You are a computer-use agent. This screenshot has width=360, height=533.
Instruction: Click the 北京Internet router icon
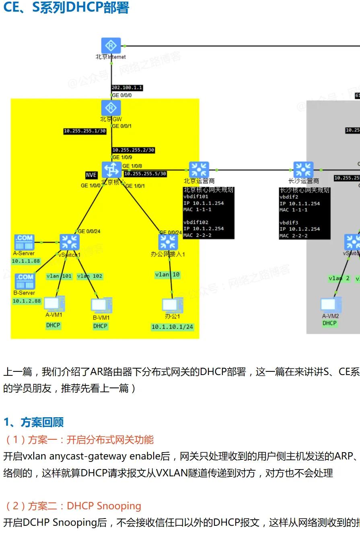click(x=111, y=46)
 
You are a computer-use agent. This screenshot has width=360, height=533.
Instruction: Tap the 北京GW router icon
click(x=111, y=108)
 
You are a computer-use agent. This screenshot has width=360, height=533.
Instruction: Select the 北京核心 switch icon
click(x=111, y=170)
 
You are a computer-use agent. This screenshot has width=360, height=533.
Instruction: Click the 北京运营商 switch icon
click(x=199, y=170)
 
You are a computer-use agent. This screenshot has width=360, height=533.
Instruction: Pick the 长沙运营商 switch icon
click(x=303, y=170)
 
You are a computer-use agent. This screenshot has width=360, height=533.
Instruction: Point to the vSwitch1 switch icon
click(x=70, y=242)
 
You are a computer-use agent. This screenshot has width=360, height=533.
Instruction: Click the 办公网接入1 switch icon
click(x=168, y=242)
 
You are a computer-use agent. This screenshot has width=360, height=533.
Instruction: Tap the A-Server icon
click(x=24, y=242)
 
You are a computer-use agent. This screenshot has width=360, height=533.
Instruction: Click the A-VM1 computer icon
click(x=54, y=304)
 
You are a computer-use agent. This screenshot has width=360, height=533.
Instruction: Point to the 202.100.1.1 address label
click(x=127, y=88)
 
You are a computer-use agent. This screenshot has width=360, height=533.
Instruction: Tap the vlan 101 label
click(x=59, y=276)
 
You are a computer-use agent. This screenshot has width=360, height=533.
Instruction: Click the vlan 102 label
click(x=90, y=276)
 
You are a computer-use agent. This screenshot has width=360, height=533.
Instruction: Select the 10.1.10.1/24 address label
click(x=173, y=327)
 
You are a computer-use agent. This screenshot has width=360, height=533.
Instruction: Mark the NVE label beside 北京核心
click(x=91, y=175)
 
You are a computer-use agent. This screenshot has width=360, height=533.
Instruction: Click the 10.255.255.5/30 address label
click(x=145, y=174)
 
